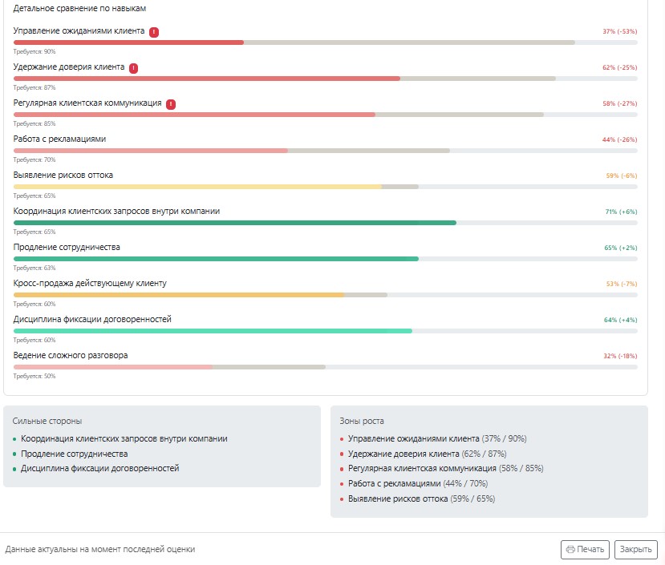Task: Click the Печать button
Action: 585,549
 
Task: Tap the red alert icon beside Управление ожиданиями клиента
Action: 154,32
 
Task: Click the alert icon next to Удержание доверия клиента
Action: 134,68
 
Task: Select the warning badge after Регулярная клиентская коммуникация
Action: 171,104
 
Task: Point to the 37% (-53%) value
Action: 619,31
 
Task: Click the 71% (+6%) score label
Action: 621,212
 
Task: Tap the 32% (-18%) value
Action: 620,356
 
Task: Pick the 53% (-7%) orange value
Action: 622,284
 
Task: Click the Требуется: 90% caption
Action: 34,52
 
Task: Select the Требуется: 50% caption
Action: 34,376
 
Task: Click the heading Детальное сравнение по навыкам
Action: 79,9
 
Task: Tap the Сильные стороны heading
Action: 47,421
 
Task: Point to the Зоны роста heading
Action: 361,421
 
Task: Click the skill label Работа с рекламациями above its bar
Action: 59,139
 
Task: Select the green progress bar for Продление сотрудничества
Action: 216,259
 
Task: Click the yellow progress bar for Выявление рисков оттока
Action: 197,187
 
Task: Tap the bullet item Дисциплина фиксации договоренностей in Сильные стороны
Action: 99,468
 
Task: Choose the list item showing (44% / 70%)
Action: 418,483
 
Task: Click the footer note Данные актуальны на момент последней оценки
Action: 100,549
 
